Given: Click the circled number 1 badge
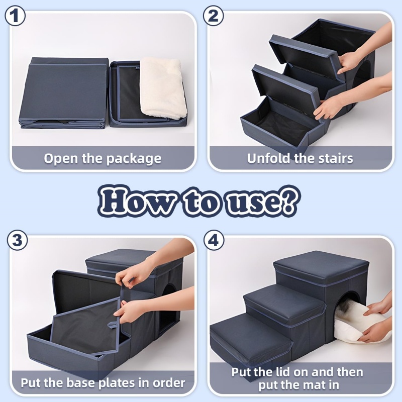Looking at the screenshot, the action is [15, 16].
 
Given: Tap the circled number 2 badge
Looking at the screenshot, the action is [213, 16].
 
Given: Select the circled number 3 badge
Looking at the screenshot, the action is [17, 240].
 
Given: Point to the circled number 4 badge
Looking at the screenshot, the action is [214, 240].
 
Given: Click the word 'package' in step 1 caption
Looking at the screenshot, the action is [134, 159].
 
